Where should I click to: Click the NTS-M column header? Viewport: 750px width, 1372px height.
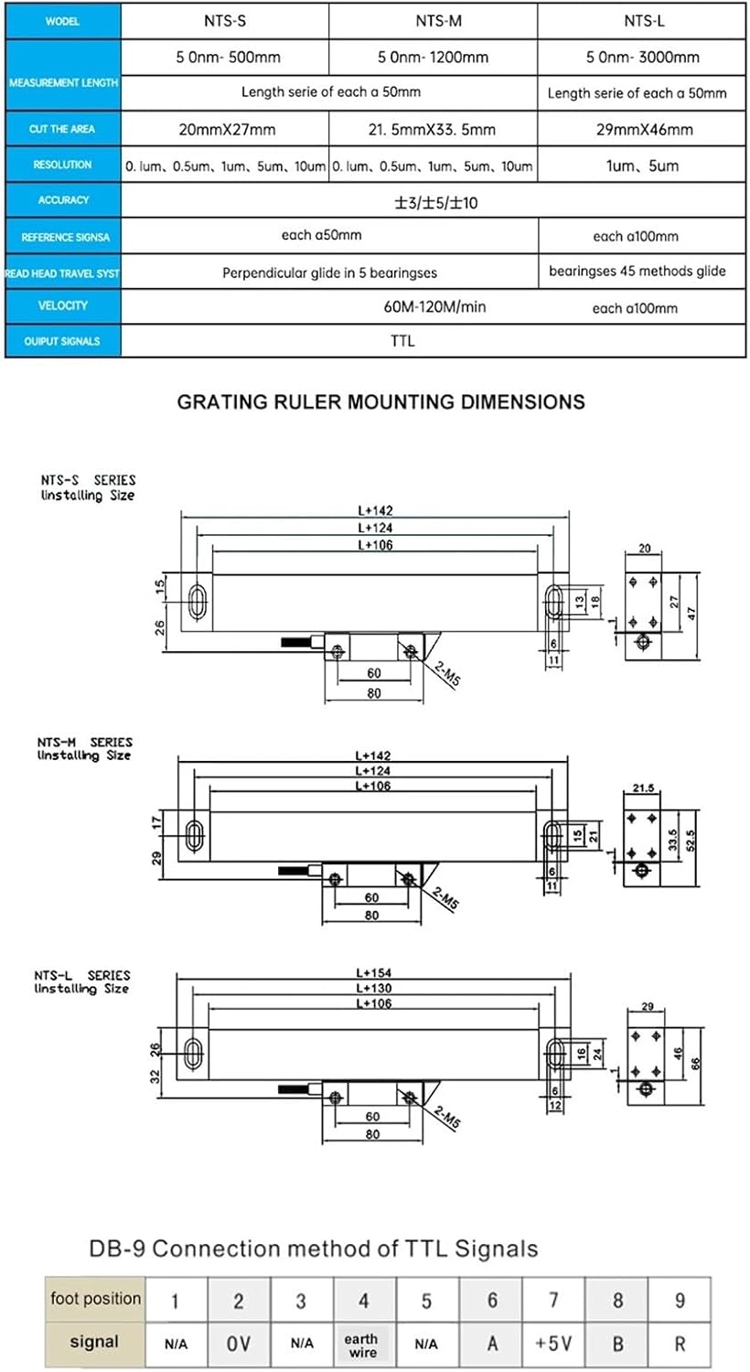tap(434, 21)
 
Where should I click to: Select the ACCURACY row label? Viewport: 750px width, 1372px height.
tap(63, 200)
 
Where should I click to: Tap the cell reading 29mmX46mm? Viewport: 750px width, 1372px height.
tap(644, 130)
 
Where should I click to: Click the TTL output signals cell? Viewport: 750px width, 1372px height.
tap(402, 340)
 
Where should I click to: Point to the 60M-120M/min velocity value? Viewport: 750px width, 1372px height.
tap(434, 306)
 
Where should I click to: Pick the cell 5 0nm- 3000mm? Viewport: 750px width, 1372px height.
tap(643, 57)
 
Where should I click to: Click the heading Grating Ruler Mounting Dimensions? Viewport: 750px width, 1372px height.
tap(380, 402)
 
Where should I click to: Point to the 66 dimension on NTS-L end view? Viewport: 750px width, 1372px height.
tap(695, 1063)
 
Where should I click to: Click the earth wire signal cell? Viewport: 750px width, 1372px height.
tap(362, 1345)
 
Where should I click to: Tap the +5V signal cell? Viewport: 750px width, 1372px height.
tap(553, 1344)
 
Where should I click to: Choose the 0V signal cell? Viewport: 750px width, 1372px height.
tap(238, 1344)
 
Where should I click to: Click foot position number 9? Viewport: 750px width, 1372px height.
tap(679, 1300)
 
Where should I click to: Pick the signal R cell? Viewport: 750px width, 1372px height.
tap(679, 1344)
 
